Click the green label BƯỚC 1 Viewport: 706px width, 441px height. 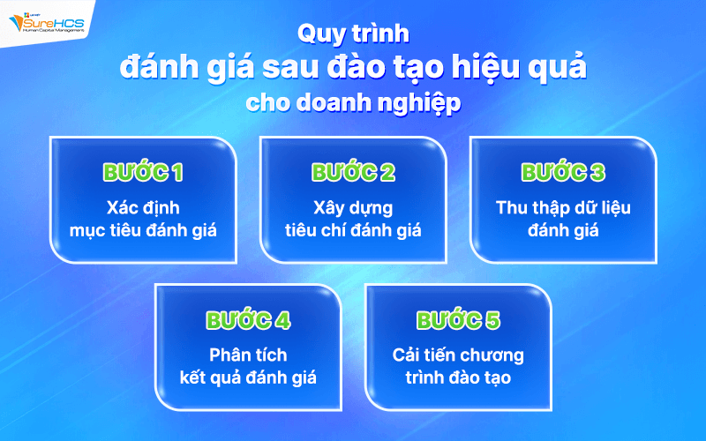[143, 173]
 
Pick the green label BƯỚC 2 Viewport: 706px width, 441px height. [353, 173]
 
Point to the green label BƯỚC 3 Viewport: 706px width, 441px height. [563, 173]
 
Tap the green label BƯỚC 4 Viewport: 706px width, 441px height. [248, 320]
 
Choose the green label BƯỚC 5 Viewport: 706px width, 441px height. [458, 320]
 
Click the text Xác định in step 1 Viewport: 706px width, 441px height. [143, 209]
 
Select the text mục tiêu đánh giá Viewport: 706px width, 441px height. [143, 231]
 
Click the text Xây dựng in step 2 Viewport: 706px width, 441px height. [353, 209]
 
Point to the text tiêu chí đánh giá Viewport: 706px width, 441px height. [353, 231]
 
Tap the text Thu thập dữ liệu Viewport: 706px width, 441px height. [563, 209]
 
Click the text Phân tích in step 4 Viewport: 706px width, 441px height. [248, 355]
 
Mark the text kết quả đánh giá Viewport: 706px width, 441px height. [248, 377]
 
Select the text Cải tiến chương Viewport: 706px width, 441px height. [458, 355]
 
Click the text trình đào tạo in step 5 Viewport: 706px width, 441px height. [458, 377]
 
